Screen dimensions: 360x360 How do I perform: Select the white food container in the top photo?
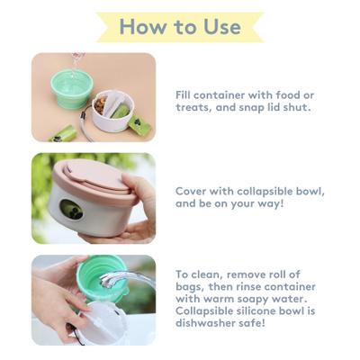[112, 112]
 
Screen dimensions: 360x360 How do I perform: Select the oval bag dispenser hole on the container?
[71, 211]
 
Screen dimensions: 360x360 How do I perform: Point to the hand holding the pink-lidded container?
[135, 211]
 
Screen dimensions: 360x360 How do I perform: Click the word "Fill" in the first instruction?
[184, 92]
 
